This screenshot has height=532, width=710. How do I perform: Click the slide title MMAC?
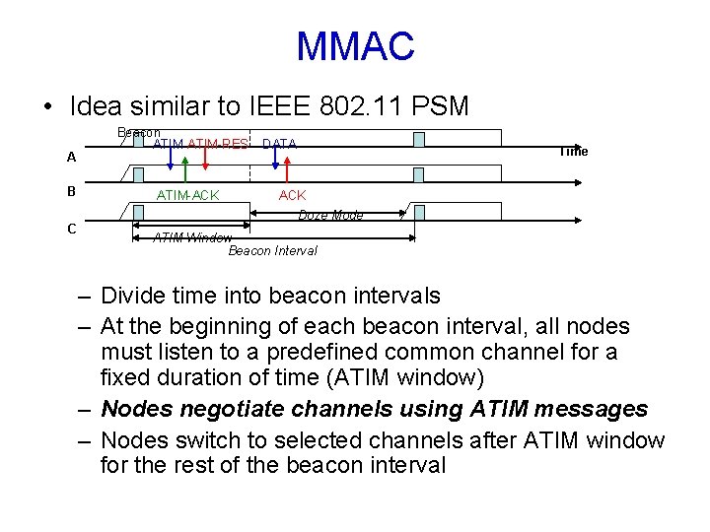[x=355, y=46]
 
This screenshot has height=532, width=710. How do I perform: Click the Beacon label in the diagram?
[x=138, y=133]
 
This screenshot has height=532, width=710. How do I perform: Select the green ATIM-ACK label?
[x=187, y=195]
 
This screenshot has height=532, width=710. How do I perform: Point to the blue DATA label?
[x=279, y=145]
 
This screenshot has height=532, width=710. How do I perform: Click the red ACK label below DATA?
[x=293, y=195]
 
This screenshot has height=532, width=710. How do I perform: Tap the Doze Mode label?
[x=330, y=215]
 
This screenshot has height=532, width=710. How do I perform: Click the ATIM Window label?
[x=192, y=237]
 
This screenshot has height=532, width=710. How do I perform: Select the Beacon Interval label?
[x=272, y=250]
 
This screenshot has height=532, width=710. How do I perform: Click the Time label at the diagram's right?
[x=573, y=151]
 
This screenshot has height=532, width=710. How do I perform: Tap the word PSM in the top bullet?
[x=441, y=104]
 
